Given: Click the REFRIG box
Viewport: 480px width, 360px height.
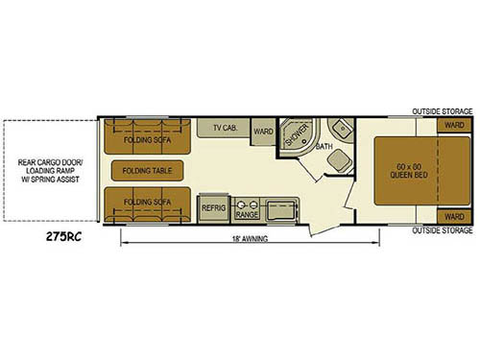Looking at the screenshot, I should coord(213,206).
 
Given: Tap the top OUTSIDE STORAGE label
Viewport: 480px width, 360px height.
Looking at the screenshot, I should coord(443,111).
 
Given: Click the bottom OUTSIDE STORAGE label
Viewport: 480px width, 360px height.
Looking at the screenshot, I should coord(443,231).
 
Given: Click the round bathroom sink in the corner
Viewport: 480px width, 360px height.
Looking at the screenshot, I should coord(342,131).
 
